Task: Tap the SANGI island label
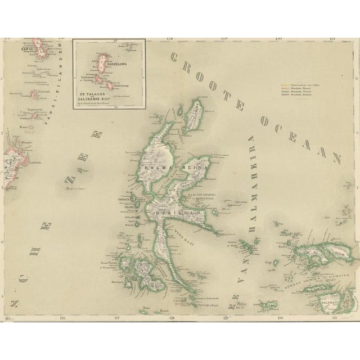(x=26, y=49)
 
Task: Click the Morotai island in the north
(x=195, y=112)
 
